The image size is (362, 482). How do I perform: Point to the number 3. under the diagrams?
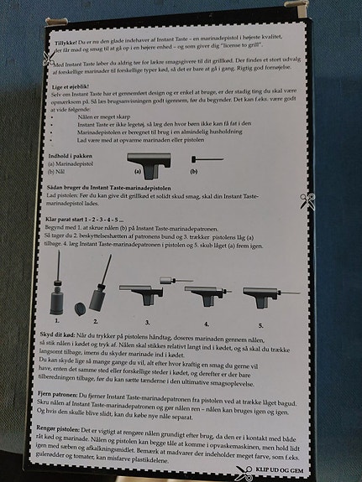[146, 321]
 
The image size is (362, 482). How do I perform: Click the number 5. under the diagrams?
[262, 325]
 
